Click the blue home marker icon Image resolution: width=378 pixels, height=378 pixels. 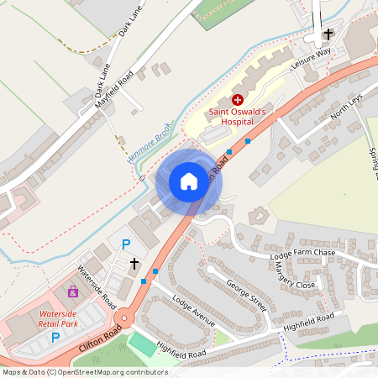(188, 181)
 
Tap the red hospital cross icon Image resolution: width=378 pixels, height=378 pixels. (238, 99)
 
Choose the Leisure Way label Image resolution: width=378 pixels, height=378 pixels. (311, 58)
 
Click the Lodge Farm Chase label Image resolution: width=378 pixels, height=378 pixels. (302, 254)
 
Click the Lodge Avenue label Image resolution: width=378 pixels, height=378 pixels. (193, 311)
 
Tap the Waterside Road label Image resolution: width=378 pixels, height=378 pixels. (97, 285)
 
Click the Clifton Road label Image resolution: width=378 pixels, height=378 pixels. (101, 339)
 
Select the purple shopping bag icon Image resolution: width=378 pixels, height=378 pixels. (73, 291)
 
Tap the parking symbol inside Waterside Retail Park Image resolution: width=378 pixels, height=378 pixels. (55, 338)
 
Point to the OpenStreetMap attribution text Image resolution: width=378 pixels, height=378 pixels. (86, 372)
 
